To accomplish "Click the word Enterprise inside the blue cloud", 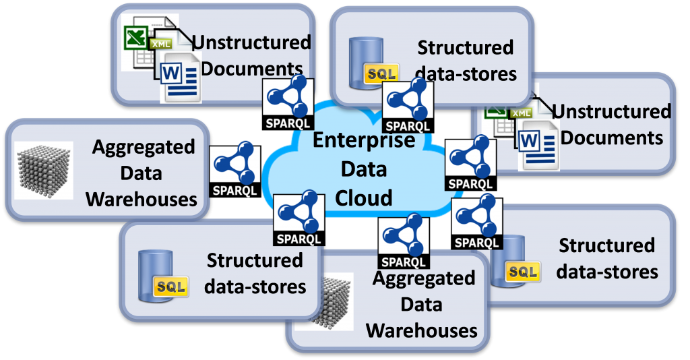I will coord(364,140).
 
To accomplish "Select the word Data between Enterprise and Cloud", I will coord(364,169).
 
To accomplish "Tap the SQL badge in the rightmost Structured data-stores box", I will coord(523,272).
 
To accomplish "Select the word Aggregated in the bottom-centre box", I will coord(423,278).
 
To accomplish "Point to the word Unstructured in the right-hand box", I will coord(611,111).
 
